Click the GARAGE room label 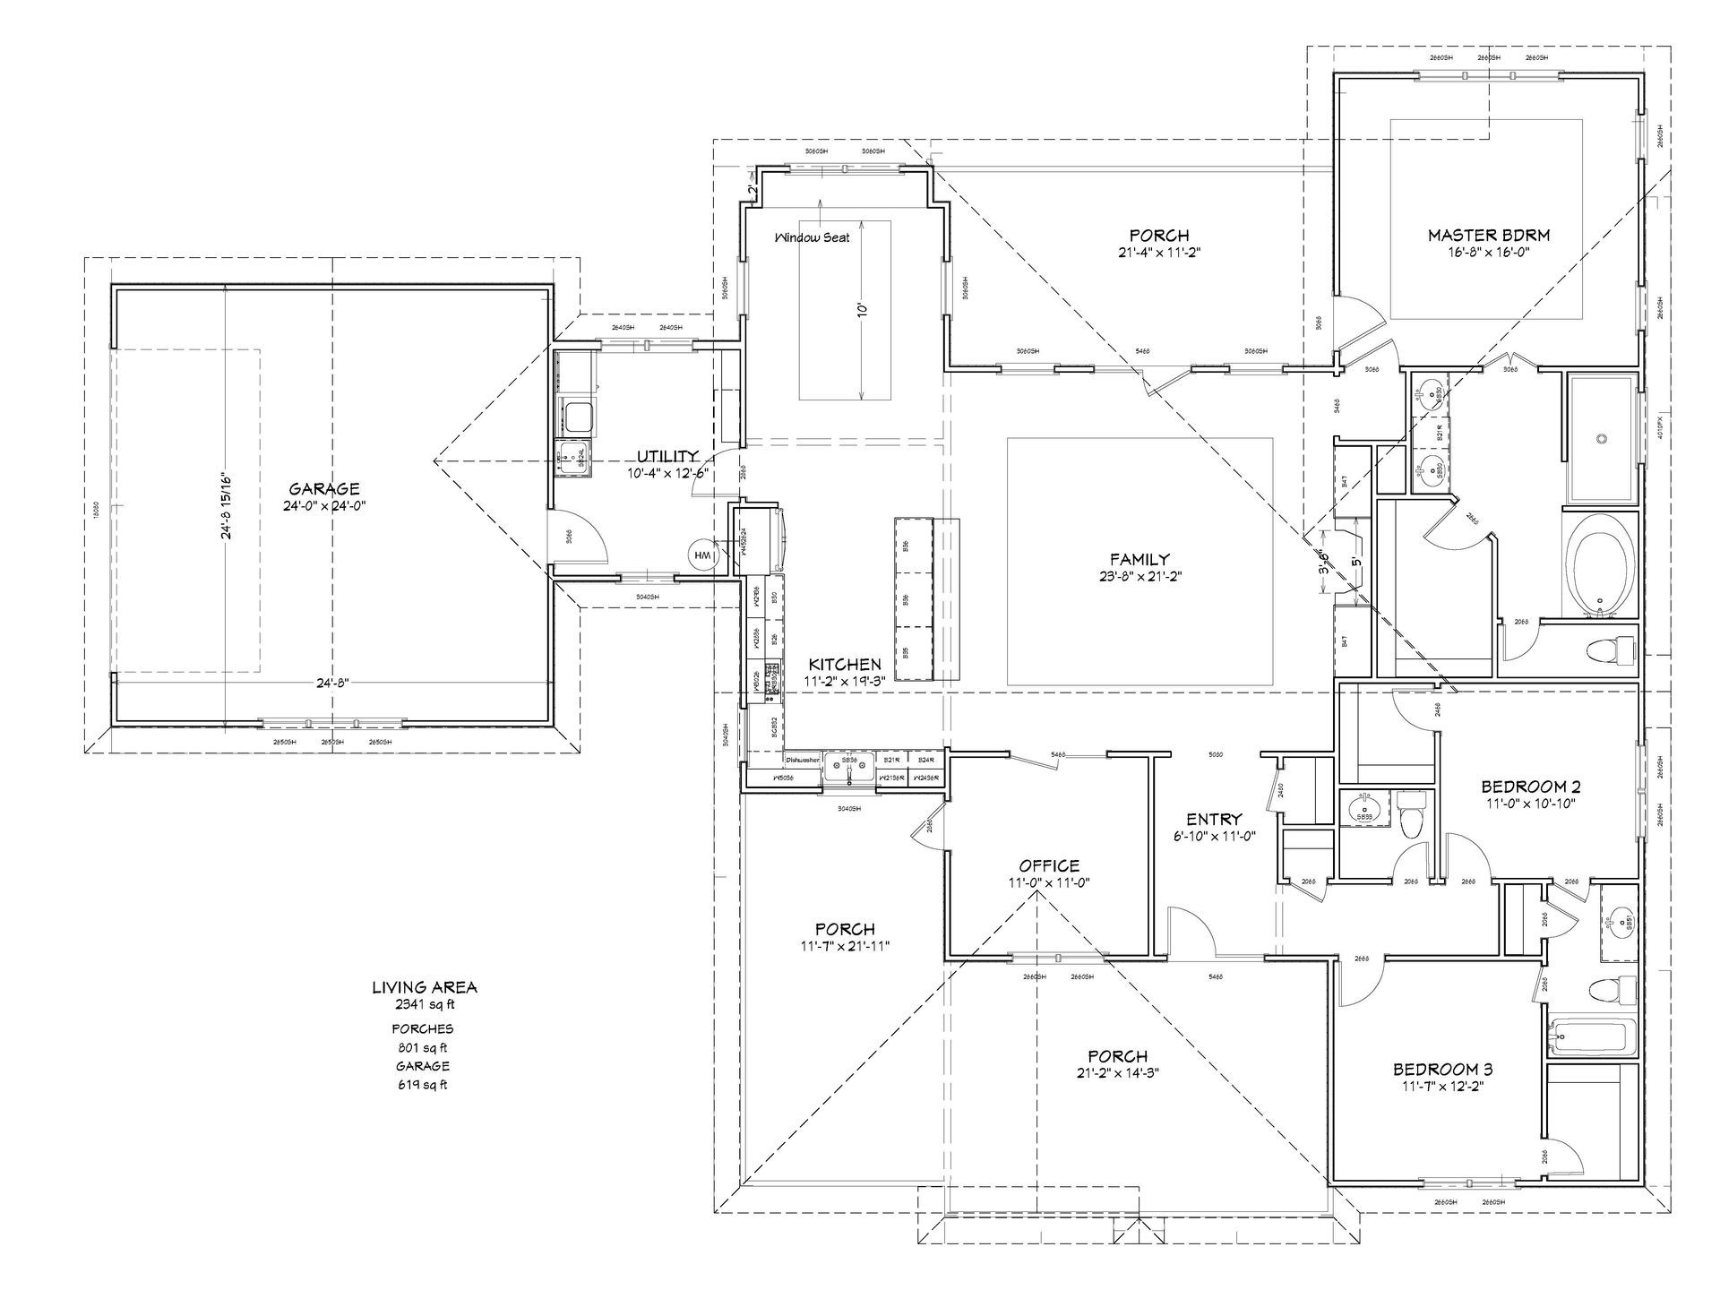click(x=324, y=488)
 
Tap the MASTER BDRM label click(x=1488, y=236)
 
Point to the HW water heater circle click(x=702, y=555)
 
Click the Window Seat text click(x=813, y=237)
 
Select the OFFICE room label click(x=1049, y=865)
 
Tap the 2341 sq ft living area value click(x=425, y=1003)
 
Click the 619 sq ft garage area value click(x=425, y=1084)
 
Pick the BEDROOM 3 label click(x=1442, y=1070)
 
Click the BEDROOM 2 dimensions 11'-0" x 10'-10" click(x=1530, y=804)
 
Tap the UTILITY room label click(x=667, y=457)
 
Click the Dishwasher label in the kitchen click(x=804, y=760)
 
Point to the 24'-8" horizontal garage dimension click(x=331, y=683)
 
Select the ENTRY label click(x=1214, y=819)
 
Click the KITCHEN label click(x=844, y=665)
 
